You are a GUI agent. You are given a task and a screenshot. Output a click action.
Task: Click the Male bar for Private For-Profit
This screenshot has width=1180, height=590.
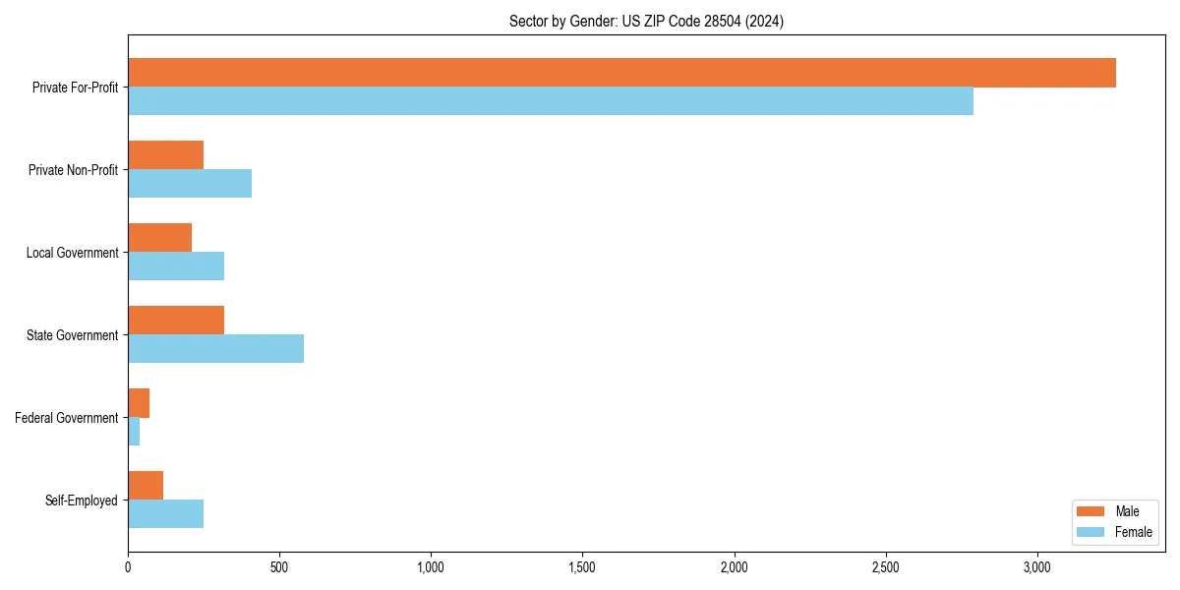[x=621, y=73]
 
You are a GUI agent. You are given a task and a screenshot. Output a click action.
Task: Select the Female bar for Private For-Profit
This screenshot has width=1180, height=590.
[x=551, y=100]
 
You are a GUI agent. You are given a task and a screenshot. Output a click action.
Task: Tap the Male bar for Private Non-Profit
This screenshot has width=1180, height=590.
[x=165, y=155]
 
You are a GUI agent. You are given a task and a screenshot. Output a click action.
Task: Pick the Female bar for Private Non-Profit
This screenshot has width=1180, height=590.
[x=190, y=183]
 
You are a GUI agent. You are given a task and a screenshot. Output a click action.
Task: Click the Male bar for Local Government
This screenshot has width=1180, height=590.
[x=159, y=238]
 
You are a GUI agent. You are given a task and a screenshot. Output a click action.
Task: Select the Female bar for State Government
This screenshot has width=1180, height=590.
[x=215, y=348]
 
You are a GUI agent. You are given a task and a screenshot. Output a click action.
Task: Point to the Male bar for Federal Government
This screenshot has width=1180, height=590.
[x=139, y=403]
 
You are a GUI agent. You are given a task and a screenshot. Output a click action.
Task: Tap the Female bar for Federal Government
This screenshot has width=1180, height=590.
[x=134, y=431]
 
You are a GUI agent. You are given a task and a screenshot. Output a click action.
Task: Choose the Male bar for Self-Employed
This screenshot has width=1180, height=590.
[x=146, y=486]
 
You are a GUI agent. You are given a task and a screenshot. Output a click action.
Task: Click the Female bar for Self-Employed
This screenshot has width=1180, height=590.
[x=165, y=513]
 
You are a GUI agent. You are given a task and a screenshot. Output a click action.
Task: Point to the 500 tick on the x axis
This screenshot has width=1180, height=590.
[x=279, y=567]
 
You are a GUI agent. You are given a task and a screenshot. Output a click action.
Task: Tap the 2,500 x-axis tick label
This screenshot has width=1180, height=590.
[x=886, y=567]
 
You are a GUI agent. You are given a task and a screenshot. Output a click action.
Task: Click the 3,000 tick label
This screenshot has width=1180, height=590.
[x=1037, y=567]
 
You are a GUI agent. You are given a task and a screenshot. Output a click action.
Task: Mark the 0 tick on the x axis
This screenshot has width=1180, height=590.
[x=128, y=567]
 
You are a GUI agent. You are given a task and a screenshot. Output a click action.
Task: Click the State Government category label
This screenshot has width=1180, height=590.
[x=72, y=335]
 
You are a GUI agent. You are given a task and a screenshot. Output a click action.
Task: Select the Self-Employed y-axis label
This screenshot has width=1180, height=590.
[x=82, y=501]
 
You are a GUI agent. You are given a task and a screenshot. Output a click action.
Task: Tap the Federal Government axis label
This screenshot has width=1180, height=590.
[x=67, y=418]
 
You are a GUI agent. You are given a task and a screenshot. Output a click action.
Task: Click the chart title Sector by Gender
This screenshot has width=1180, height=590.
[x=646, y=22]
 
